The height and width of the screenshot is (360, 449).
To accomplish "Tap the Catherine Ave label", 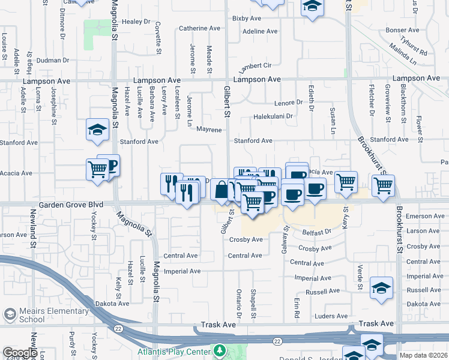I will click(x=200, y=28).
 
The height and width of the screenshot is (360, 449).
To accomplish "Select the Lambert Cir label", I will click(x=256, y=65).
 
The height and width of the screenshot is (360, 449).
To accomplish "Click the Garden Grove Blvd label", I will click(x=71, y=205).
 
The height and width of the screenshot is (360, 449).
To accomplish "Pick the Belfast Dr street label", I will click(x=317, y=232).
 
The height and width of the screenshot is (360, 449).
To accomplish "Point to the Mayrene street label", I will click(x=209, y=130).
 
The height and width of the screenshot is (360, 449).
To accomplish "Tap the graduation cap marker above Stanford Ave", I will click(x=97, y=130).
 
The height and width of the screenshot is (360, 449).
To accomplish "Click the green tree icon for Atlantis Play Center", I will click(x=220, y=351).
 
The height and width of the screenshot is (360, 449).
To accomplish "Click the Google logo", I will click(x=20, y=353).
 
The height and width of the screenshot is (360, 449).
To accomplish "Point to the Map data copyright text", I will click(x=423, y=355).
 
